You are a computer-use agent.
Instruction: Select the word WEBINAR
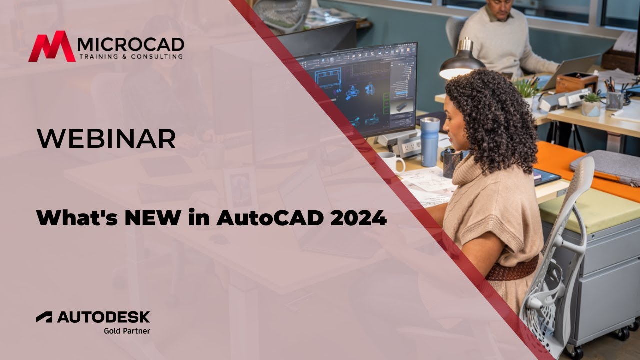coord(106,138)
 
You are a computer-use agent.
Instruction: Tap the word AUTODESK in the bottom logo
coord(103,317)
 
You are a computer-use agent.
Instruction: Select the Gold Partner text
coord(127,330)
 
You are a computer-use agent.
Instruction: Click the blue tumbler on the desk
coord(429,142)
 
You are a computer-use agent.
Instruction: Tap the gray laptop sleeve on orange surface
coord(607,167)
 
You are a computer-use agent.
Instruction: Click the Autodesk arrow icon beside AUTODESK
coord(44,317)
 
